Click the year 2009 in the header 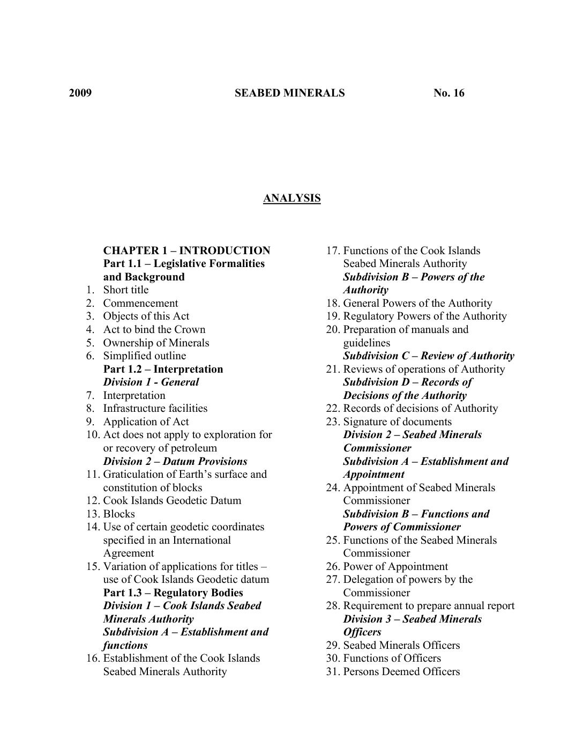tap(80, 93)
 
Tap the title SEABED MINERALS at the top tap(289, 93)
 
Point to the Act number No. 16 tap(449, 93)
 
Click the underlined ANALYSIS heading tap(291, 198)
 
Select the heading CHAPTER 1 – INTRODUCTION tap(186, 251)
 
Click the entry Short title tap(126, 290)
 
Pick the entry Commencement tap(140, 304)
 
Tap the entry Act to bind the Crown tap(154, 330)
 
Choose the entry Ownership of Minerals tap(156, 343)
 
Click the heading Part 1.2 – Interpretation tap(163, 369)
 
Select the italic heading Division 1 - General tap(151, 382)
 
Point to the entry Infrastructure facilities tap(155, 409)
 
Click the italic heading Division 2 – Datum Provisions tap(175, 462)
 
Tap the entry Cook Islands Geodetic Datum tap(172, 501)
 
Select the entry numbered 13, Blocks tap(119, 514)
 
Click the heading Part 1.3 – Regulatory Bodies tap(173, 593)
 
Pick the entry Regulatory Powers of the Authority tap(424, 316)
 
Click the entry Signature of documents tap(397, 422)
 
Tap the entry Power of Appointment tap(395, 567)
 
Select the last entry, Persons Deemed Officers tap(401, 672)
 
